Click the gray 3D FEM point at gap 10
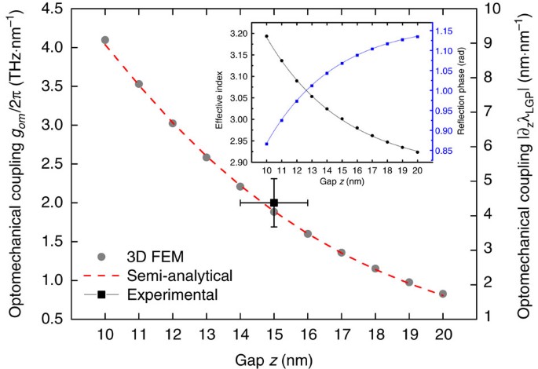105,40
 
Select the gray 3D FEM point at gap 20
443,294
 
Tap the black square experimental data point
274,203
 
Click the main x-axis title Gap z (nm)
273,360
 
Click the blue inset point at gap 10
267,144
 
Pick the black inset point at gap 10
267,36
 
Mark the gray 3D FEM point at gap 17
342,252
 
